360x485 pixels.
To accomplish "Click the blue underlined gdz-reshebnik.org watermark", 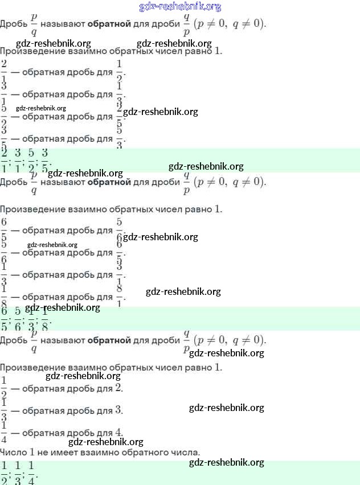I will click(x=180, y=7).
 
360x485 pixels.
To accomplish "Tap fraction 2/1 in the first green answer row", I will click(x=5, y=161).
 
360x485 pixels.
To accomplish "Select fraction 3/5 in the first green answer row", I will click(x=45, y=161).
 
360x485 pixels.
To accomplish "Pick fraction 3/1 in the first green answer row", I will click(x=18, y=161).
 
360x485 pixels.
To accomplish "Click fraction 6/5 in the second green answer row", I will click(x=5, y=319).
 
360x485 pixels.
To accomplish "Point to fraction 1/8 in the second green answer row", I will click(x=45, y=319).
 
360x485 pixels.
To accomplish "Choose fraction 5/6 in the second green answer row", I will click(x=18, y=319).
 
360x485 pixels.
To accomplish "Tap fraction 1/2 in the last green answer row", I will click(x=5, y=472).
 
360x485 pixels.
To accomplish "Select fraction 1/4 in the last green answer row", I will click(x=31, y=472).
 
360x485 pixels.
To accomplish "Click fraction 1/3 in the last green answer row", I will click(x=18, y=472).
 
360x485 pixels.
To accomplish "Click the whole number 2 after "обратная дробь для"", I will click(x=118, y=388).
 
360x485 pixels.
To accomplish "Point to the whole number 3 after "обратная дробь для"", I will click(x=118, y=410).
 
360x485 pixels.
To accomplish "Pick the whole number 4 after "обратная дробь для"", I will click(x=118, y=433).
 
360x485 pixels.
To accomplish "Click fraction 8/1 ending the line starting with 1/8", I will click(x=120, y=296).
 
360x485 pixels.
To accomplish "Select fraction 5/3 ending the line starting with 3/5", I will click(x=120, y=138).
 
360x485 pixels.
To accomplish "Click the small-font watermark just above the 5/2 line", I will click(x=41, y=108).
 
